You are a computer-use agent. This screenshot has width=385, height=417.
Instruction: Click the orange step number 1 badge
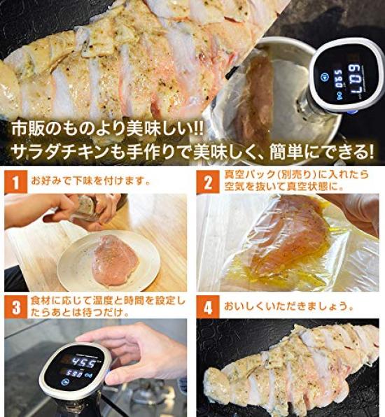pyautogui.click(x=15, y=182)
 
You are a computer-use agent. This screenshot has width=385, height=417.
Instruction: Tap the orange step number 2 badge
pyautogui.click(x=208, y=182)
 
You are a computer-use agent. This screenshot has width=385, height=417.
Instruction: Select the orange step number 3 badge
pyautogui.click(x=15, y=307)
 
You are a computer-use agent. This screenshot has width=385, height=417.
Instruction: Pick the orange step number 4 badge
pyautogui.click(x=208, y=307)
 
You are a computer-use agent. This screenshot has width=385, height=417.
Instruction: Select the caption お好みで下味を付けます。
pyautogui.click(x=91, y=181)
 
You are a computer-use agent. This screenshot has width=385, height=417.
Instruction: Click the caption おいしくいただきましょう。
pyautogui.click(x=289, y=306)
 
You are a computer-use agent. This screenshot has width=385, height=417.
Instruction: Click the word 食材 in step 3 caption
pyautogui.click(x=41, y=301)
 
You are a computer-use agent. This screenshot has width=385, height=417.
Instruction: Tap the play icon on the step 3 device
pyautogui.click(x=64, y=382)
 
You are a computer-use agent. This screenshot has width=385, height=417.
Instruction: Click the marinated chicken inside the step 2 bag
pyautogui.click(x=288, y=239)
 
